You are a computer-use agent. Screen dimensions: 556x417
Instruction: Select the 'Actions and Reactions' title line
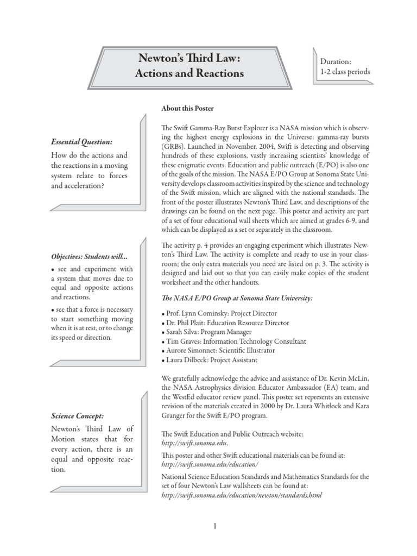(189, 73)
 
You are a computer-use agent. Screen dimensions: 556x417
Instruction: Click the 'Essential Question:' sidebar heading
(81, 142)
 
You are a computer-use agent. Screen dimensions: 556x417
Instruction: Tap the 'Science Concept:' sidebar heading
(78, 415)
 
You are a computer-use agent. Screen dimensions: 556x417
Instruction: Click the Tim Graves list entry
(233, 341)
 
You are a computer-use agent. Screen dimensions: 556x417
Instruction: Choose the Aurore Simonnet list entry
(218, 350)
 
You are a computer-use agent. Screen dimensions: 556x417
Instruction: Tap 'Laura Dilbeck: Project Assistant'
(209, 359)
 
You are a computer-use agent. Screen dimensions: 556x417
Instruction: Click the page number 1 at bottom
(215, 526)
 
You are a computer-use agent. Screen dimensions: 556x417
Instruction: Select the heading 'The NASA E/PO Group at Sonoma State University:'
(237, 298)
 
